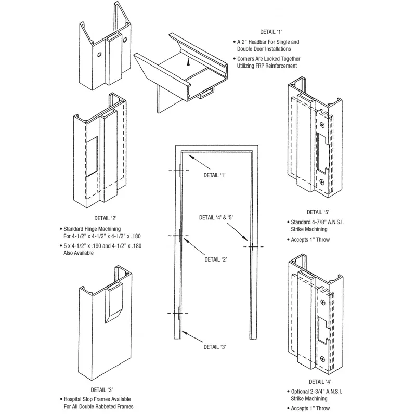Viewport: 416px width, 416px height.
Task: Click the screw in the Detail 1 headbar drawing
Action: [x=188, y=61]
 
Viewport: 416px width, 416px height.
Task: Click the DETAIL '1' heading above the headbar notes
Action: [x=271, y=32]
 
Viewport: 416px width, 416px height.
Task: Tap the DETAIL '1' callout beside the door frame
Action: [x=214, y=175]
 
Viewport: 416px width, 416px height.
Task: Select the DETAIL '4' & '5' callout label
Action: [x=216, y=217]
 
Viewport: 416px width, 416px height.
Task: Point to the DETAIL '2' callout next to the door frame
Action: [x=216, y=259]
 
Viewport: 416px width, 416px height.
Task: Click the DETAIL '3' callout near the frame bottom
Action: [x=215, y=347]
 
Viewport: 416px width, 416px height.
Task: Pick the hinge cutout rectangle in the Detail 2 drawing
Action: [x=92, y=157]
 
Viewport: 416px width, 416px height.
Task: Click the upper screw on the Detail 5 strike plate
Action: [x=322, y=125]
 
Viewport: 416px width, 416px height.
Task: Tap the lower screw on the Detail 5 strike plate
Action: [x=322, y=182]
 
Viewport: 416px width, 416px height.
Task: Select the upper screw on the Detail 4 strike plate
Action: [x=322, y=302]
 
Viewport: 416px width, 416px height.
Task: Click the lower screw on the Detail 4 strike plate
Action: [x=322, y=359]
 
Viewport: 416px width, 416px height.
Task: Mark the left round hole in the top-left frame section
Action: [x=99, y=55]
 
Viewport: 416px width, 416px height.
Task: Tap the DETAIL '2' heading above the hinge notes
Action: [x=106, y=218]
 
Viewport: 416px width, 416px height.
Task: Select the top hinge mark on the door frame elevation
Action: [x=180, y=170]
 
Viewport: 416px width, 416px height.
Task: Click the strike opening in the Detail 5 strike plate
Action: [x=323, y=153]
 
